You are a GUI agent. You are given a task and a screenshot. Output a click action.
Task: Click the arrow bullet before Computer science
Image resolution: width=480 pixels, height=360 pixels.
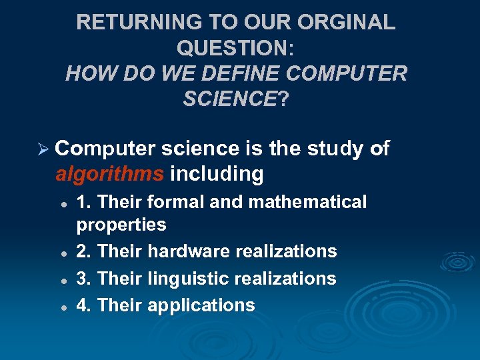click(x=43, y=149)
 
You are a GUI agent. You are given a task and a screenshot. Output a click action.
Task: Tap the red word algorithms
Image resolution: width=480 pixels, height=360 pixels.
click(x=109, y=174)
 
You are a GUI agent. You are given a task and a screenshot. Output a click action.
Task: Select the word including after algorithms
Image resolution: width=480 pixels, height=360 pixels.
click(x=217, y=174)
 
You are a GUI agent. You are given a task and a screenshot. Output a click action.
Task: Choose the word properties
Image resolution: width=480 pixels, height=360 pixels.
click(x=121, y=224)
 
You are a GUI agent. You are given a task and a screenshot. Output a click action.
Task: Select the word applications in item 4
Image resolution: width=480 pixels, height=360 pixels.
click(x=201, y=305)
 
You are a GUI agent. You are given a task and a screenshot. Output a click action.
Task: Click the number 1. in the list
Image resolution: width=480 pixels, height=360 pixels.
click(x=85, y=201)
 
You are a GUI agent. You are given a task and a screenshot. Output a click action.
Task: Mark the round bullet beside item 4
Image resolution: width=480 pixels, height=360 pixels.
click(x=61, y=307)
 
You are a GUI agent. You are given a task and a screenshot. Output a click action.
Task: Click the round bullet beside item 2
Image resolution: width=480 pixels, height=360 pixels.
click(x=61, y=252)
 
